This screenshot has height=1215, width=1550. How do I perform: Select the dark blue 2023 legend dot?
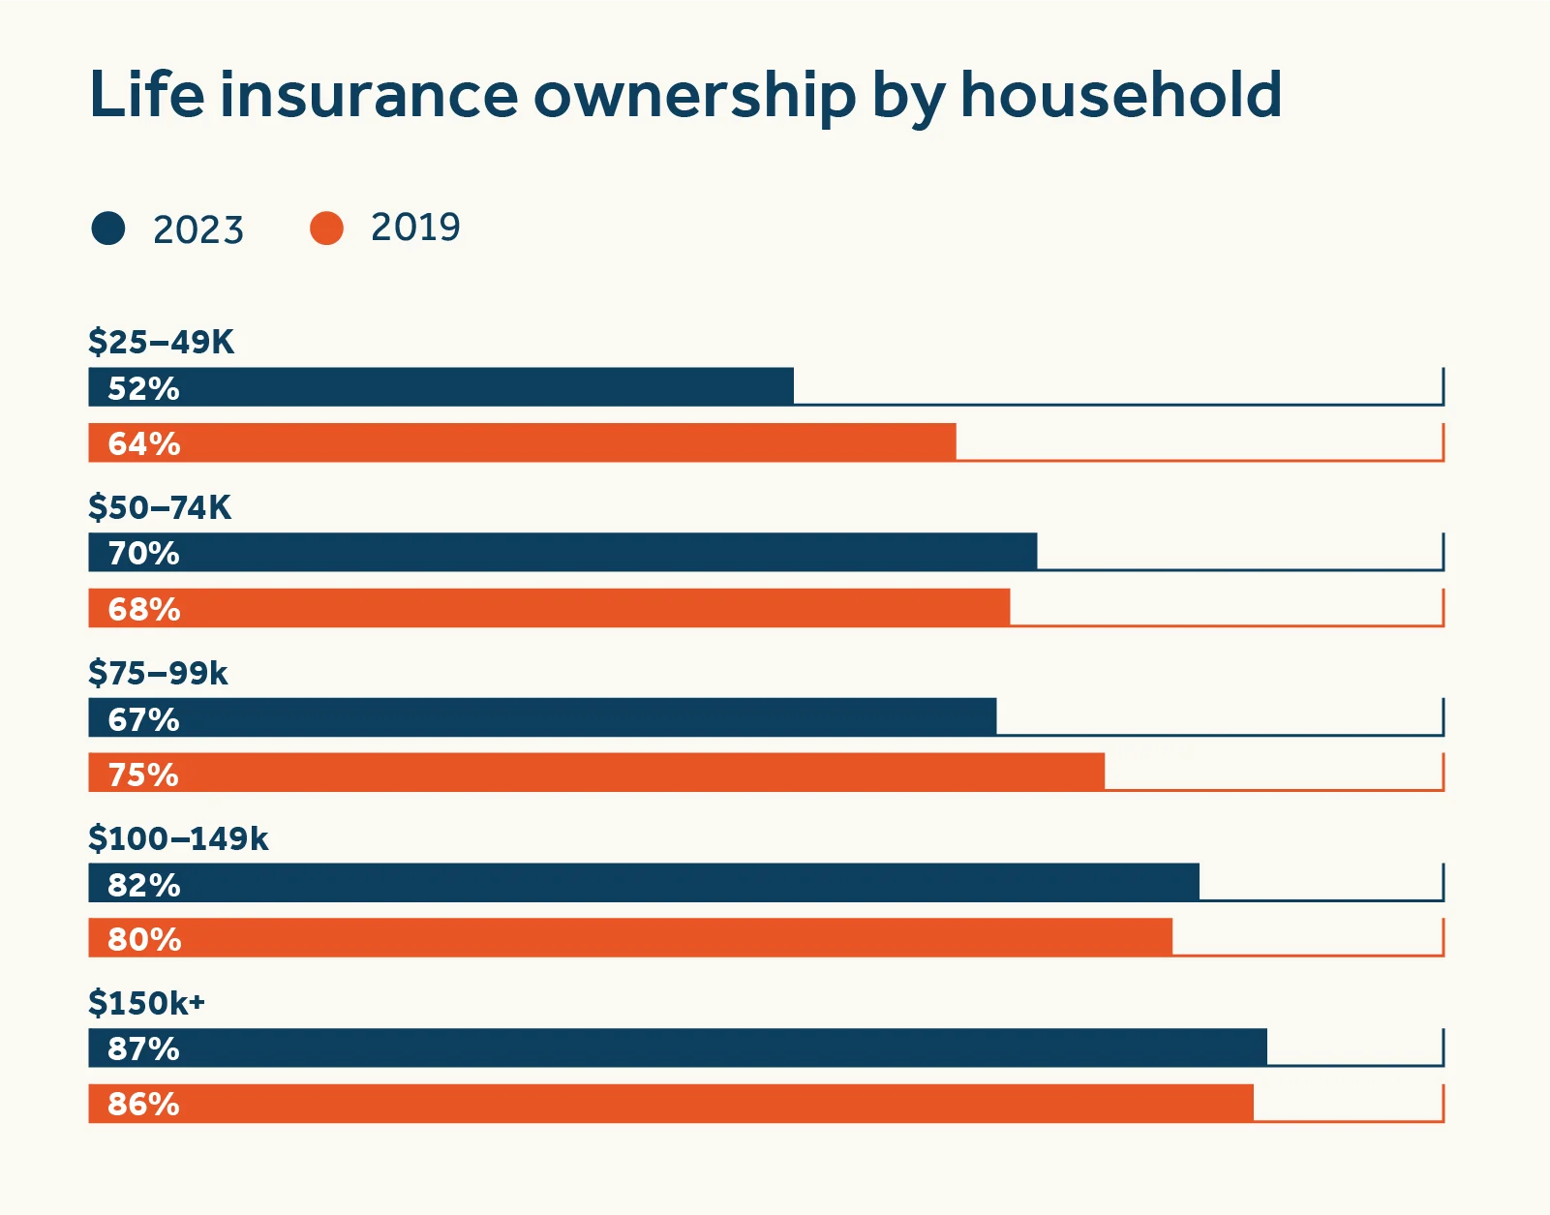(108, 228)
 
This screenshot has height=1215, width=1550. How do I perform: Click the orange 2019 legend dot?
(326, 228)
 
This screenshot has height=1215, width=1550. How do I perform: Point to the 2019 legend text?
(415, 228)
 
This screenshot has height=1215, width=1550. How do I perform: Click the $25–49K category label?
(161, 342)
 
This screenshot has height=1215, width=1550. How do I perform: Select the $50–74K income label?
(160, 507)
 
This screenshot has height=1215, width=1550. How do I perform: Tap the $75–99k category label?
(158, 673)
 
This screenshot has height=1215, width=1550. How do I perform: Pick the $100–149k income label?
(178, 838)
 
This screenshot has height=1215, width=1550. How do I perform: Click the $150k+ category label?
(146, 1003)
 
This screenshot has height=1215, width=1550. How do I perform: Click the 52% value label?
(143, 388)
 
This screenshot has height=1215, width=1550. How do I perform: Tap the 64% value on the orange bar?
(143, 443)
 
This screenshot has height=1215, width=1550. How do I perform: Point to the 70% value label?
(143, 554)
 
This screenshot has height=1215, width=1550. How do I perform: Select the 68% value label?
(143, 609)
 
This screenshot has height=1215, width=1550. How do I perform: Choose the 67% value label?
(143, 719)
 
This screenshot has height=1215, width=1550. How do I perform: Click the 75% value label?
(143, 775)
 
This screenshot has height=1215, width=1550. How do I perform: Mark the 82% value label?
(143, 885)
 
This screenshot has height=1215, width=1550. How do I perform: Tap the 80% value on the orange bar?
(143, 939)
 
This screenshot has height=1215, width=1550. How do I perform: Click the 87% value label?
(143, 1048)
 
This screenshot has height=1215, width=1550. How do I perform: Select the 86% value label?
(143, 1104)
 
